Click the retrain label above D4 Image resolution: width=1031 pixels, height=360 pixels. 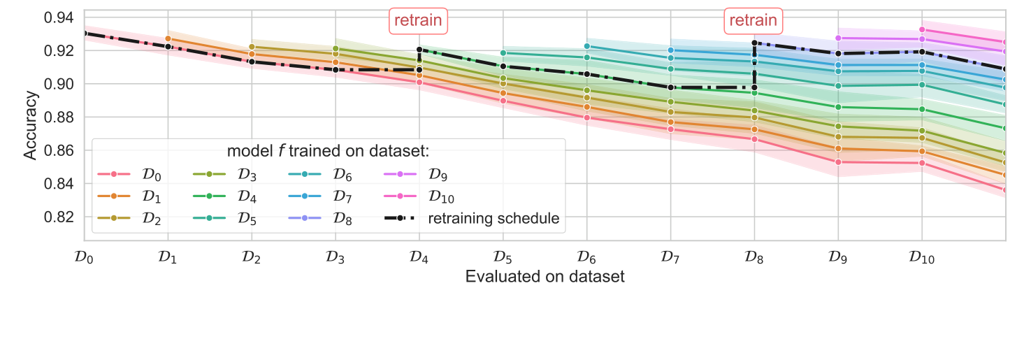[418, 20]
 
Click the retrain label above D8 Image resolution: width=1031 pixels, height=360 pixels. [753, 20]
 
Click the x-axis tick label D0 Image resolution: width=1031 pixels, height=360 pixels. [83, 257]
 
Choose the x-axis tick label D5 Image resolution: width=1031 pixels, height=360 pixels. [502, 257]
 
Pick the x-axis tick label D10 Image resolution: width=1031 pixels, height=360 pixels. [921, 257]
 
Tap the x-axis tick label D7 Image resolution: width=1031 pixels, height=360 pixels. [670, 257]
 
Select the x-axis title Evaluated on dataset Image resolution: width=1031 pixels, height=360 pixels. [545, 277]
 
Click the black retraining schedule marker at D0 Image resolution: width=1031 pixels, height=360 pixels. [84, 33]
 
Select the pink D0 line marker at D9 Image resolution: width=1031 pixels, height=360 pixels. [837, 162]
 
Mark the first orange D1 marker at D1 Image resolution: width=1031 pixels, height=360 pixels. [168, 38]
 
